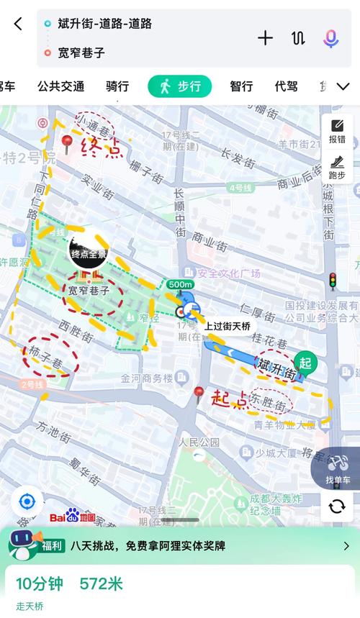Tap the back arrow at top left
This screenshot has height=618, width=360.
click(x=18, y=24)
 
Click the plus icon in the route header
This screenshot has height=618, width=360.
click(x=265, y=38)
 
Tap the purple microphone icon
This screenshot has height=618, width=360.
click(x=330, y=38)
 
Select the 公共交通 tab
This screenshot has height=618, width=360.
click(x=60, y=86)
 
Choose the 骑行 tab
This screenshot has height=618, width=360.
click(x=117, y=86)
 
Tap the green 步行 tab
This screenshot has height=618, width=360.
click(x=180, y=86)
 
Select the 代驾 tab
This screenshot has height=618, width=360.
click(x=286, y=86)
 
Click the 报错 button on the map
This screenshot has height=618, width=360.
click(x=337, y=132)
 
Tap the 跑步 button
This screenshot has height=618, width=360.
click(x=337, y=168)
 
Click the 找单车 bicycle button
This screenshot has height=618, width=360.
click(x=337, y=469)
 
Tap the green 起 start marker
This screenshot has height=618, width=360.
click(x=305, y=362)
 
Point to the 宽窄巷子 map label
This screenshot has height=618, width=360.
click(x=89, y=291)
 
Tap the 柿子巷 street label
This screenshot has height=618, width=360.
click(x=46, y=353)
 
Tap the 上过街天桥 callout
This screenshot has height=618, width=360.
click(x=228, y=326)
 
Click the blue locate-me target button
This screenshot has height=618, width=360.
click(x=27, y=501)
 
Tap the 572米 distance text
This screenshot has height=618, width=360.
click(x=101, y=583)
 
